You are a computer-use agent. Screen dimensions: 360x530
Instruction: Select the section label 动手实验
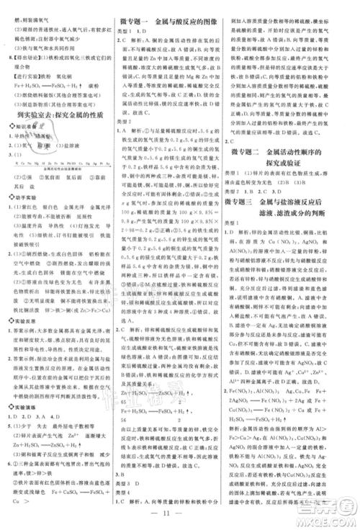(x=27, y=197)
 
